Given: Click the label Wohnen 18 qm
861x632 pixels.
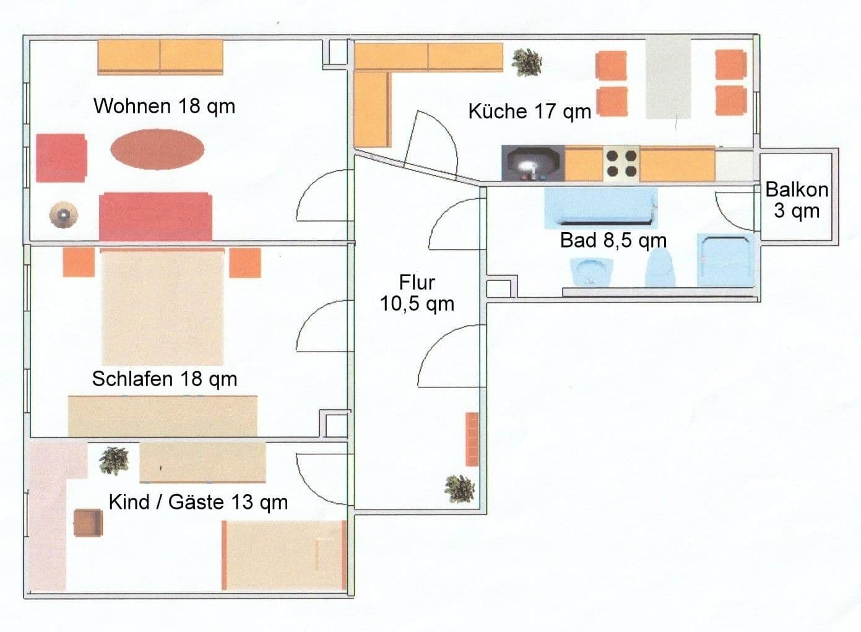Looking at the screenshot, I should [x=164, y=106].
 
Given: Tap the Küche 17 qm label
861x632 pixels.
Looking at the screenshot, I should [x=529, y=111].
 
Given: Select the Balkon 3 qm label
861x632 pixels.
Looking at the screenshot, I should [x=797, y=200].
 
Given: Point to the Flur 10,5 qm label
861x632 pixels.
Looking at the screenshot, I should [x=417, y=293].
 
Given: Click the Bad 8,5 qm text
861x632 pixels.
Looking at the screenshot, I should [x=613, y=240].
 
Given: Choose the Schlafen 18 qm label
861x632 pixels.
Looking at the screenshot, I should [x=164, y=378].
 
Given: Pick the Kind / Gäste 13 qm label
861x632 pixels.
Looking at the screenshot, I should [x=198, y=501].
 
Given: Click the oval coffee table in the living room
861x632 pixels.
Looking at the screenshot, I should [x=157, y=149].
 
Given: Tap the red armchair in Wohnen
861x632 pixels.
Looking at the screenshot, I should [x=61, y=158].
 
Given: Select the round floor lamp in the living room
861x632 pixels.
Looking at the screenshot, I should [x=63, y=215].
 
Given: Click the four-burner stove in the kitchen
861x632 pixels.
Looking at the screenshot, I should [x=621, y=164].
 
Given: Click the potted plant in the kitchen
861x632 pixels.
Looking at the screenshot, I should [x=527, y=62].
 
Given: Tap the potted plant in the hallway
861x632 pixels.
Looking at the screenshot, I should [x=460, y=488].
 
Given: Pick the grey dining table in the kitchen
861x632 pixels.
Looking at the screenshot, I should [x=668, y=77].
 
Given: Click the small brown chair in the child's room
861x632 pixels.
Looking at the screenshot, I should [x=88, y=522].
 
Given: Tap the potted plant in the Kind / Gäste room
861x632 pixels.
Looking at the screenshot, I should [x=115, y=460].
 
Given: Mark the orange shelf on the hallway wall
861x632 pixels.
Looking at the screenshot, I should [x=472, y=439].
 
